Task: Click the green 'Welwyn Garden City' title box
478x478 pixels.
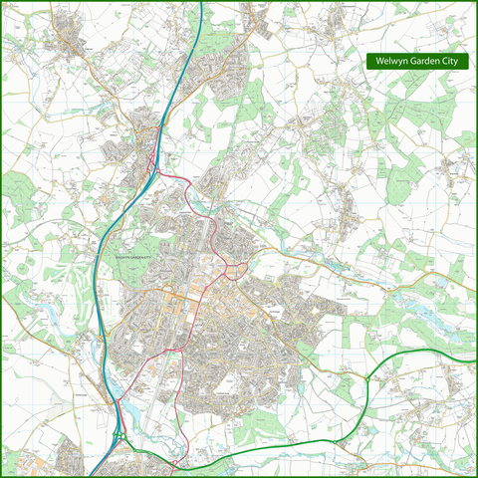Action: pos(416,61)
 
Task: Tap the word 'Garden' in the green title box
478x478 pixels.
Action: pos(419,61)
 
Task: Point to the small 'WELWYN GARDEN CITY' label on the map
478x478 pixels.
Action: pos(138,257)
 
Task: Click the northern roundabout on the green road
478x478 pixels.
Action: pos(367,378)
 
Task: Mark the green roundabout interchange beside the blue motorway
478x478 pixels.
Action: pos(120,434)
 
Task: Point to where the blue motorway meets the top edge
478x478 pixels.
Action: pos(200,3)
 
